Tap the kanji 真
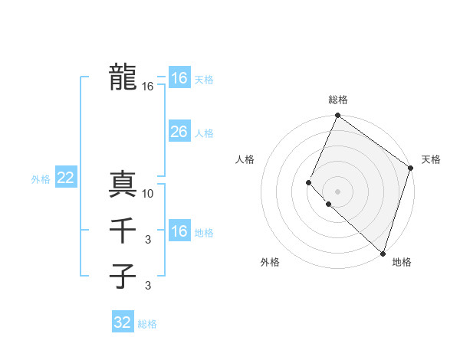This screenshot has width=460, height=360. point(123,184)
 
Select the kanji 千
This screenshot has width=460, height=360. point(123,230)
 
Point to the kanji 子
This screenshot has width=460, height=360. point(123,276)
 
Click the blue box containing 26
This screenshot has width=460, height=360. point(179,132)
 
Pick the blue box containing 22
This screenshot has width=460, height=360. point(65,178)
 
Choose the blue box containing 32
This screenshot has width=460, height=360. point(123,322)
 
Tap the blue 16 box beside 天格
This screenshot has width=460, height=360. point(179,78)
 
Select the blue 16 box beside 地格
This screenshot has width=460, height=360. point(179,231)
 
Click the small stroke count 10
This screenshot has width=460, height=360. point(148,194)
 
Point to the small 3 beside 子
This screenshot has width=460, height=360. point(148,286)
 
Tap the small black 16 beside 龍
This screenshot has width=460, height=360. point(148,87)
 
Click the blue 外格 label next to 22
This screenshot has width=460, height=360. point(41,179)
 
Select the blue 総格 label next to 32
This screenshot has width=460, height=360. point(147,324)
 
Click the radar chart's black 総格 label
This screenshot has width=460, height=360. point(337,100)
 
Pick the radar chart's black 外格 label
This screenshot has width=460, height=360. point(270,262)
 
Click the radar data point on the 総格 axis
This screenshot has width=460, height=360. point(337,116)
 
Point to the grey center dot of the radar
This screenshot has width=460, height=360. point(337,191)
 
